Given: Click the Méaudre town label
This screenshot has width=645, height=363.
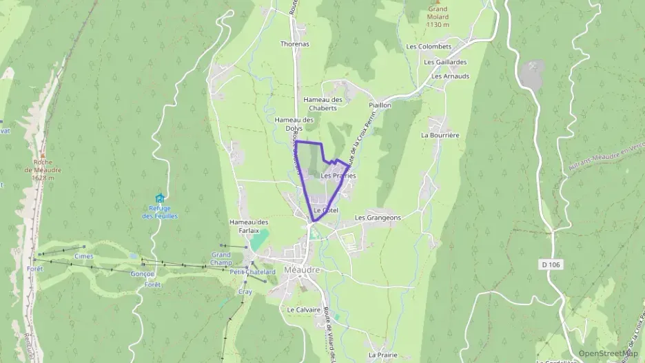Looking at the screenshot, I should [302, 270].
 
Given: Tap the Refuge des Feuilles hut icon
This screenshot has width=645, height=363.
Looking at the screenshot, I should [160, 198].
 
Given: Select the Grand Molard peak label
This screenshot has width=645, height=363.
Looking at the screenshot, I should [437, 17].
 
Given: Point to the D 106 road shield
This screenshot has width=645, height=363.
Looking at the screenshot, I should [549, 264].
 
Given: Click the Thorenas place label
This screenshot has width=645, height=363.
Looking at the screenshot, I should [295, 44].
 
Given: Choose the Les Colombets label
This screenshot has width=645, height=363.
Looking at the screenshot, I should [429, 47].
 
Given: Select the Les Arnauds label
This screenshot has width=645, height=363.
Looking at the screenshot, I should [450, 76].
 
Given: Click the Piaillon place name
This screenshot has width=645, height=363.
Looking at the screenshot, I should [380, 105].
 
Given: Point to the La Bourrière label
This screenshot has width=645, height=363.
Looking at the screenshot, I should [440, 136].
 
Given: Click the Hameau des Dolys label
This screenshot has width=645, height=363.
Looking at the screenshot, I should [294, 123].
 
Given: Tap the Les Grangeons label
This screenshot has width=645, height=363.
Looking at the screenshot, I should [378, 218].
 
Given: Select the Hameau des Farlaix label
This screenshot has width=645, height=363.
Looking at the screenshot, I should [249, 226].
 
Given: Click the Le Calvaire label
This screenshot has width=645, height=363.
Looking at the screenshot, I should [304, 310].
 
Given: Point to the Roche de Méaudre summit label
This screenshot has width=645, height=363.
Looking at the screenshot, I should [43, 170].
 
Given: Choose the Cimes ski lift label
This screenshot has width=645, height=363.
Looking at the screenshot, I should [83, 256].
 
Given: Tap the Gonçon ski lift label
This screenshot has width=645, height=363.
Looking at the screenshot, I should [142, 273].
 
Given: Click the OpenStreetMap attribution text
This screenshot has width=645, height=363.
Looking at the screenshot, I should [608, 353].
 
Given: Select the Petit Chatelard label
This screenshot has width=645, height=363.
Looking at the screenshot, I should [253, 272].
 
